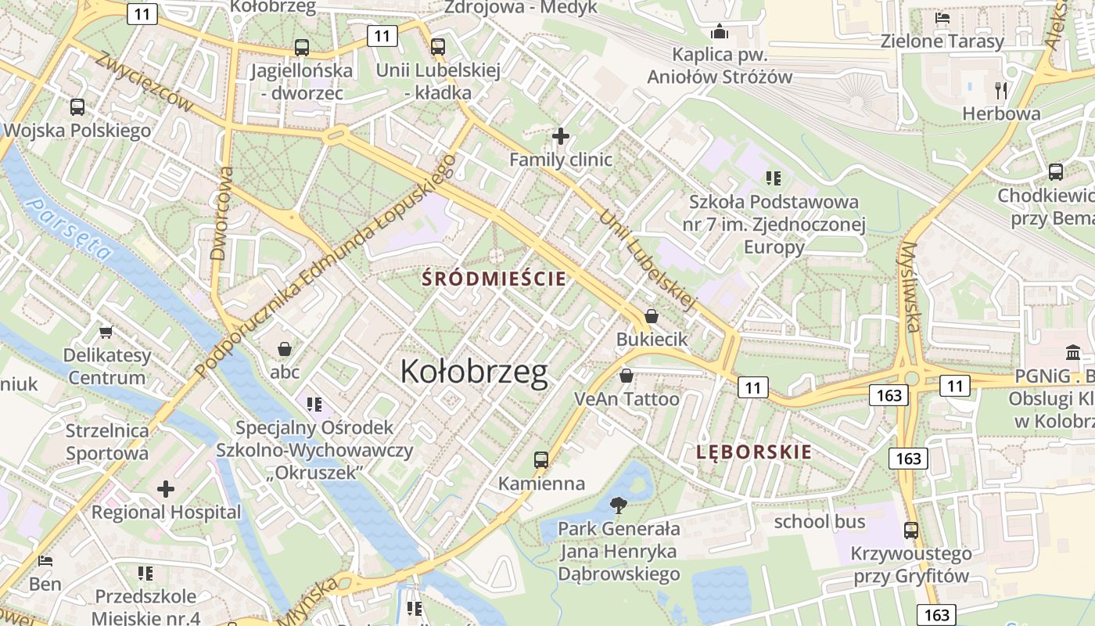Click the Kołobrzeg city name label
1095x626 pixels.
pyautogui.click(x=474, y=372)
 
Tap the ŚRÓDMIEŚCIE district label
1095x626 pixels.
pyautogui.click(x=494, y=279)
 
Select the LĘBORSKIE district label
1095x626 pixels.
pyautogui.click(x=754, y=452)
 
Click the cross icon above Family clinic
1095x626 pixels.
pyautogui.click(x=560, y=136)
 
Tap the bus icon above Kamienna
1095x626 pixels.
pyautogui.click(x=541, y=459)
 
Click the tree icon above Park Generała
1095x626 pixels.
pyautogui.click(x=618, y=505)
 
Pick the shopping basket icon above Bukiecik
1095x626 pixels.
pyautogui.click(x=651, y=316)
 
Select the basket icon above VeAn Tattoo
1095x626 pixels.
pyautogui.click(x=626, y=376)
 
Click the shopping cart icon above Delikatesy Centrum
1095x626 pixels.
pyautogui.click(x=106, y=332)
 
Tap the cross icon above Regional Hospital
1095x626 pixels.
pyautogui.click(x=166, y=490)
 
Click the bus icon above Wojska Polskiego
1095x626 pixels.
pyautogui.click(x=77, y=107)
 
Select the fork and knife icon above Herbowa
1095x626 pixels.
pyautogui.click(x=1001, y=91)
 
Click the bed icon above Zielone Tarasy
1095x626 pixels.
pyautogui.click(x=942, y=17)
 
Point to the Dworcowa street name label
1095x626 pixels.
pyautogui.click(x=222, y=213)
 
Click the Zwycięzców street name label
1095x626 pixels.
pyautogui.click(x=145, y=81)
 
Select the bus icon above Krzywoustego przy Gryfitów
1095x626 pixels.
pyautogui.click(x=910, y=530)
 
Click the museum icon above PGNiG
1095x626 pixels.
pyautogui.click(x=1073, y=352)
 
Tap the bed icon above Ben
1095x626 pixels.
pyautogui.click(x=45, y=561)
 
